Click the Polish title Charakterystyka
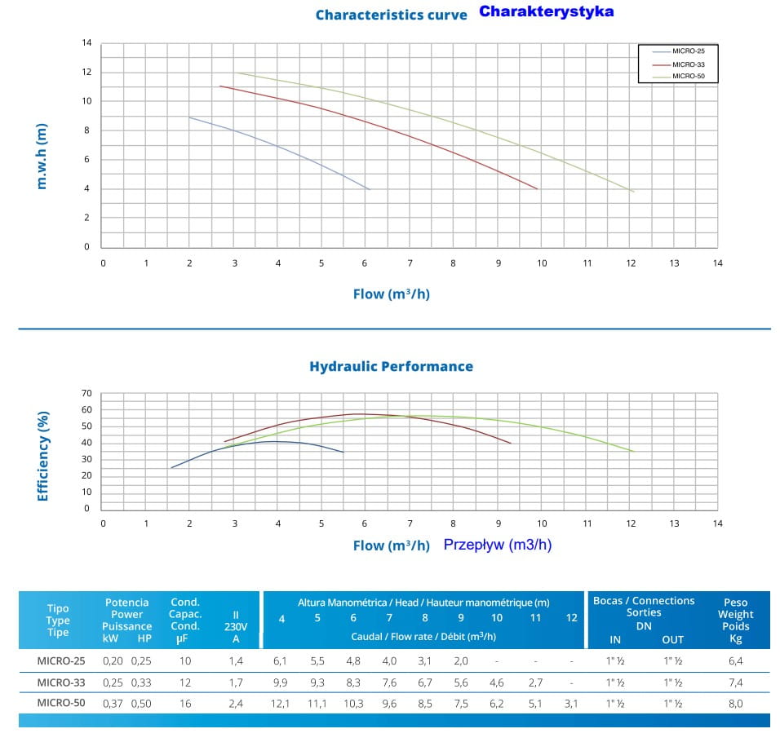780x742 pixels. pos(546,12)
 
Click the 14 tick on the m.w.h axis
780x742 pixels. pos(86,42)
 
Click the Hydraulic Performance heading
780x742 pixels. pos(391,366)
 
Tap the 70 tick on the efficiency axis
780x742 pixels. pos(86,393)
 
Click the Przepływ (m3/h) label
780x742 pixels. pos(498,545)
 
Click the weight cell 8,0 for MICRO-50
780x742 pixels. pos(734,703)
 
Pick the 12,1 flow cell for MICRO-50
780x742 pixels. pos(281,703)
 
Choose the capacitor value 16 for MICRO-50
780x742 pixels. pos(185,703)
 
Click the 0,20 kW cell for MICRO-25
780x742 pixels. pos(113,660)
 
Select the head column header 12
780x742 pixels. pos(571,618)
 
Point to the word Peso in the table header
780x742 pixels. pos(734,601)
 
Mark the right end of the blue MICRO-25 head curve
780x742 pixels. pos(370,189)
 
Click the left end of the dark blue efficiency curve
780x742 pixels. pos(171,467)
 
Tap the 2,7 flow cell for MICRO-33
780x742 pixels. pos(535,682)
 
